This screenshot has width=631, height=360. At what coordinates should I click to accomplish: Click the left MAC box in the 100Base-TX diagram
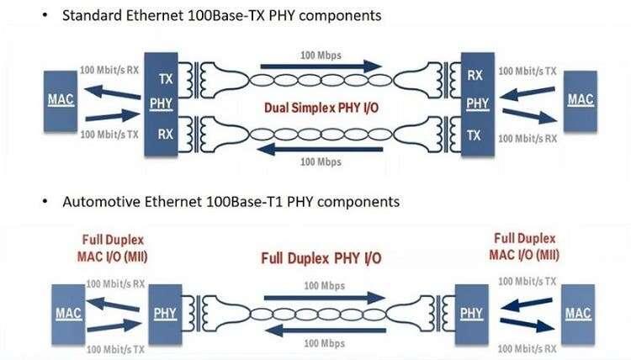(61, 102)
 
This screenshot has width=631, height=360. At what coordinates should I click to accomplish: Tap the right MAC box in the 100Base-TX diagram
(581, 102)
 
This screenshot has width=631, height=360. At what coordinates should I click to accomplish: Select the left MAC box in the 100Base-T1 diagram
(68, 315)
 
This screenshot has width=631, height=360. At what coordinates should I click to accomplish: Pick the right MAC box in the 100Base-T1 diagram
(578, 315)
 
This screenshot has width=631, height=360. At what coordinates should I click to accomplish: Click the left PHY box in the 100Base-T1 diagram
(165, 315)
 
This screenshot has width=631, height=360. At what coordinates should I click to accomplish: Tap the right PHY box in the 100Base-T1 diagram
(472, 315)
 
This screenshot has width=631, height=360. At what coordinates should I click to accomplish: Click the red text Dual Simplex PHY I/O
(321, 108)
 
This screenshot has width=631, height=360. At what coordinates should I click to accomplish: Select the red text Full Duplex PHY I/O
(321, 258)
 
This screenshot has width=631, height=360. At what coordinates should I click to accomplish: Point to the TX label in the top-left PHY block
(166, 79)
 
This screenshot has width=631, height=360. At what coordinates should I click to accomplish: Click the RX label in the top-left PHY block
(166, 134)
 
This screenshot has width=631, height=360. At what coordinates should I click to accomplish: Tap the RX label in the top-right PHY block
(475, 75)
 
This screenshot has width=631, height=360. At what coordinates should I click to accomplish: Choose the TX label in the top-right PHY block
(474, 135)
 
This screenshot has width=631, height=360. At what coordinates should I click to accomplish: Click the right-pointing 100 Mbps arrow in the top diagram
(321, 66)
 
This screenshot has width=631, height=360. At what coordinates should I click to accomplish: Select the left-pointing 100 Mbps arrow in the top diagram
(320, 149)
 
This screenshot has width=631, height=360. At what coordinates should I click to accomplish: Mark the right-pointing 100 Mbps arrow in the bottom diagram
(325, 298)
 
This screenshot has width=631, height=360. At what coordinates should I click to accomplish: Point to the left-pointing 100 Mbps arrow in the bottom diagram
(326, 331)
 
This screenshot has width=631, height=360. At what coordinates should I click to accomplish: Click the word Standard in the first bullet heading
(92, 15)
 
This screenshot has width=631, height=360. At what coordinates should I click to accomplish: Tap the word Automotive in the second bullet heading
(102, 202)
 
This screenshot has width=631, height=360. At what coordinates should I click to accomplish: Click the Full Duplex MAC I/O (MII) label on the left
(113, 248)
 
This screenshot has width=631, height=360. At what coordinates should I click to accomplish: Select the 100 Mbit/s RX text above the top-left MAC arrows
(109, 70)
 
